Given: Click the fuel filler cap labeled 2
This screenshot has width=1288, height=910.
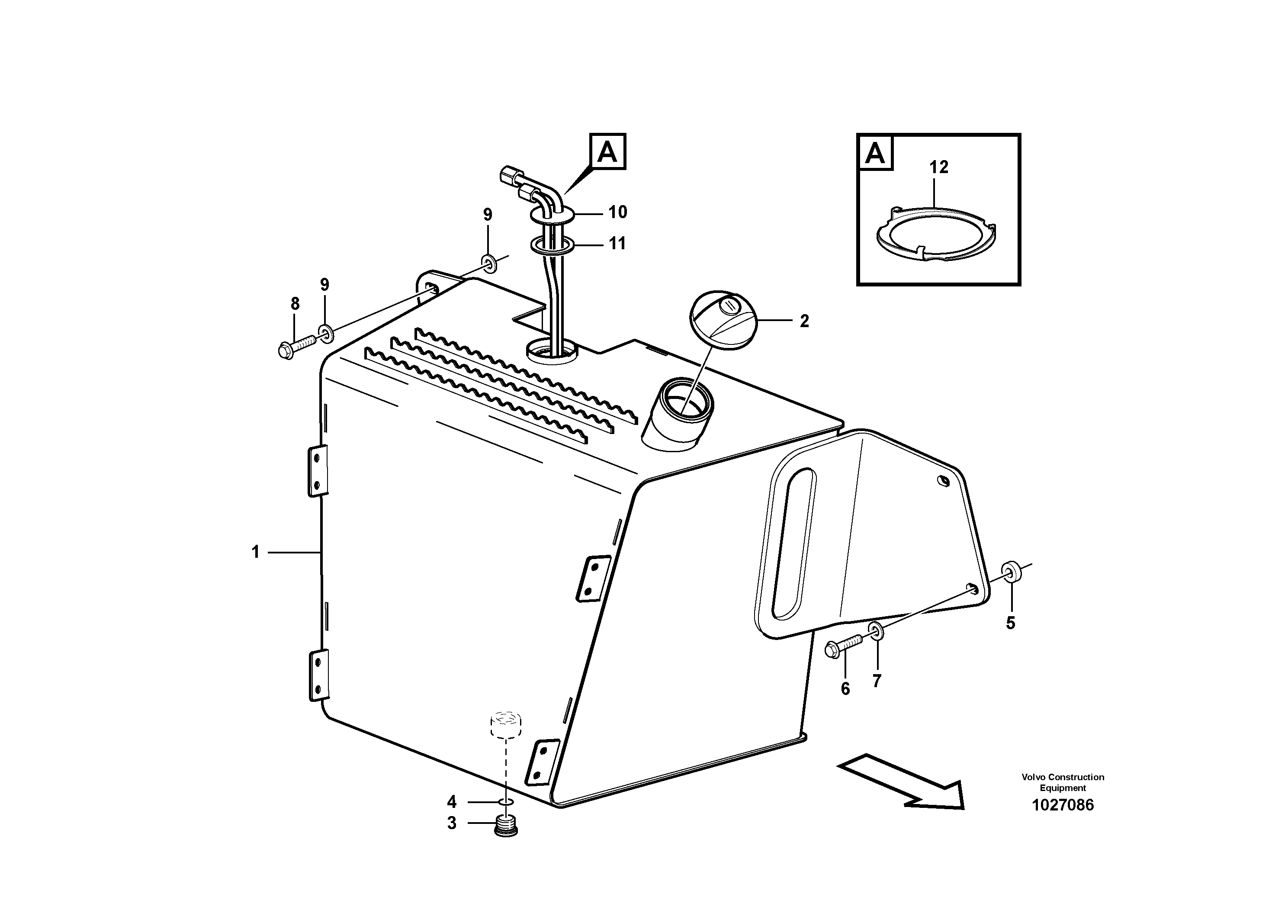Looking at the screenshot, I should (x=723, y=320).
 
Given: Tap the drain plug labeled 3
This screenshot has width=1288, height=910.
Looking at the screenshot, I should (x=507, y=826).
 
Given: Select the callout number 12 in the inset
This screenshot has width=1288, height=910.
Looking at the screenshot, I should (x=938, y=167).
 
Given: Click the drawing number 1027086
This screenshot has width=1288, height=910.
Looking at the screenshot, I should (x=1063, y=805).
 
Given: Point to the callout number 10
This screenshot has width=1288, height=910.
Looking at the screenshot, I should (x=618, y=212).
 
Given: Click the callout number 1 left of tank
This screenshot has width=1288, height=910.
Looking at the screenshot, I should (x=256, y=552).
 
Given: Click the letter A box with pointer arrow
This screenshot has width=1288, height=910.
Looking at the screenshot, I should (x=607, y=151).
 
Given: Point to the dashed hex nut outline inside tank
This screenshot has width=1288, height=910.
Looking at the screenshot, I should (x=506, y=724).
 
